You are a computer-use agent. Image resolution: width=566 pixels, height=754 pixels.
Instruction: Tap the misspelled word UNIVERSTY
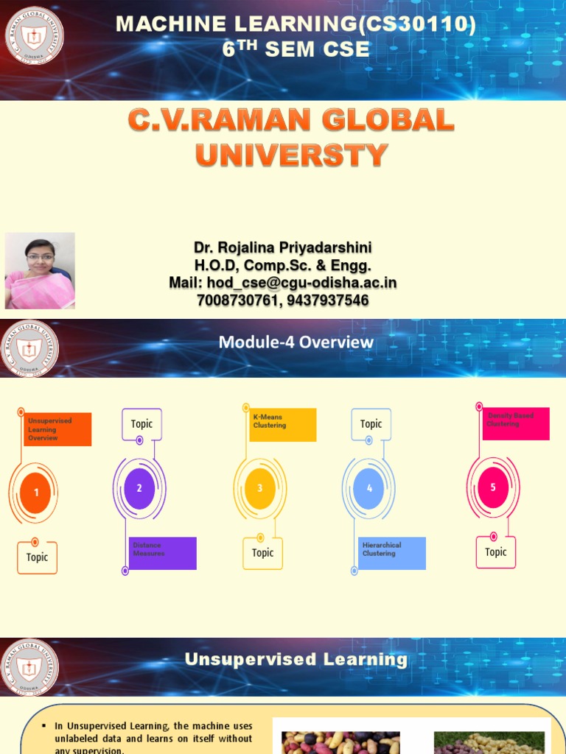pos(291,155)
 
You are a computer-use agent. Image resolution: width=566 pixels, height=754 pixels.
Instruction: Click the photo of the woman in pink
pos(40,270)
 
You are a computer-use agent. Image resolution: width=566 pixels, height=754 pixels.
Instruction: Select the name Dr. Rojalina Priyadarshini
pos(283,247)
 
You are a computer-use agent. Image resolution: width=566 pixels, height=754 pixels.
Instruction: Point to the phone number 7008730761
pos(237,300)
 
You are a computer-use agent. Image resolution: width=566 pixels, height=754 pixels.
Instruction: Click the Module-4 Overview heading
pos(296,342)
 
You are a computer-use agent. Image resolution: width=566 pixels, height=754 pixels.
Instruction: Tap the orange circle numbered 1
pos(36,493)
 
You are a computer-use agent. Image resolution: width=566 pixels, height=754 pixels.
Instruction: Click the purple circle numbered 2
pos(139,488)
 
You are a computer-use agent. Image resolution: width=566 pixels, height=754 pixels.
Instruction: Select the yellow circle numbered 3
pos(259,488)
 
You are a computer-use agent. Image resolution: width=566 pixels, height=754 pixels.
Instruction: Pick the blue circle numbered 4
pos(369,488)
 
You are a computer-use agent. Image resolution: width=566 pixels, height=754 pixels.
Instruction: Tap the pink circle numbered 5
pos(493,487)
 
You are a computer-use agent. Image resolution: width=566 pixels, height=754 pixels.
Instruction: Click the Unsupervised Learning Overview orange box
pos(57,429)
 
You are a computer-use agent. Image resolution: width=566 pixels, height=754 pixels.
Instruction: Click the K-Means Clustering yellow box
pos(282,425)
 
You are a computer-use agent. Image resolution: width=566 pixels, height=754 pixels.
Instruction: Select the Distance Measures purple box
pos(162,553)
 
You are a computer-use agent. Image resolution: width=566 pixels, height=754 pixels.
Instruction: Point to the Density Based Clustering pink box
pos(516,423)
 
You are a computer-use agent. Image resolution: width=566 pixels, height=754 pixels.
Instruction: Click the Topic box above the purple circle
pos(141,423)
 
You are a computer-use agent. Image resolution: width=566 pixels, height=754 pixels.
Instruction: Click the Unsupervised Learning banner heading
pos(296,660)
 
